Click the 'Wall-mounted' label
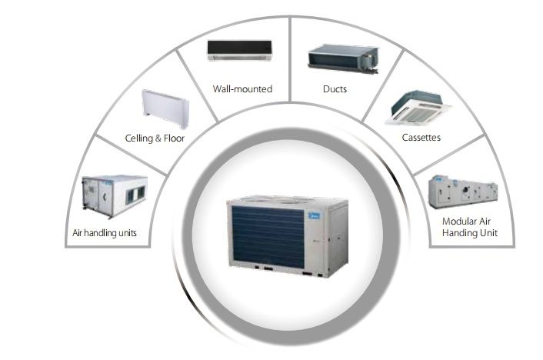[x=242, y=89]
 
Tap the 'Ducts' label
[x=335, y=89]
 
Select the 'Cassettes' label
[x=421, y=138]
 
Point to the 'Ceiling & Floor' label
[x=155, y=138]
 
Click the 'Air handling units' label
[x=105, y=233]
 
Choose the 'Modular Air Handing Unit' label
[x=470, y=227]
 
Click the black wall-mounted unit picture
[x=240, y=51]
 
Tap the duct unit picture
[x=343, y=58]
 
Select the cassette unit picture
[x=418, y=108]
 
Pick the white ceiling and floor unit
[x=165, y=108]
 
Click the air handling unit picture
[x=115, y=196]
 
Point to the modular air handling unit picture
[x=463, y=192]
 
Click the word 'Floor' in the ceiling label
[x=174, y=138]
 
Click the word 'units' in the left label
[x=128, y=233]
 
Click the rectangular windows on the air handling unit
[x=135, y=195]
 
